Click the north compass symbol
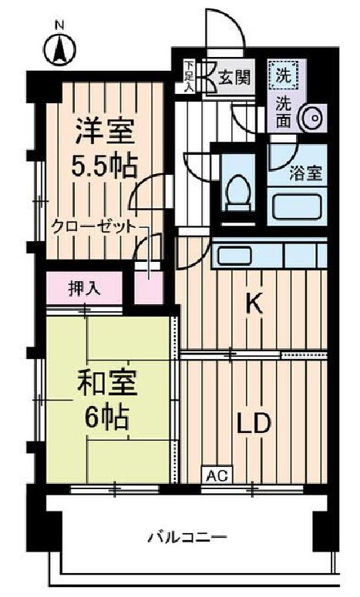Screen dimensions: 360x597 60,49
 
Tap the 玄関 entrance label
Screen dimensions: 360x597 234,78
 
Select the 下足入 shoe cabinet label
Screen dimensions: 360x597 189,76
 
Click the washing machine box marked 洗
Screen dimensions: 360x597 284,75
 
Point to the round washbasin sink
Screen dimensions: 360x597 315,118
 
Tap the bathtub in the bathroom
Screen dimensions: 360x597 296,206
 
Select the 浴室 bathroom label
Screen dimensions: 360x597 305,173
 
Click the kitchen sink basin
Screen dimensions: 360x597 234,255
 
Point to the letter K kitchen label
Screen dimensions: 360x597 254,304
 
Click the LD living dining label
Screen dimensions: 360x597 254,423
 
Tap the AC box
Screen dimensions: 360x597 217,475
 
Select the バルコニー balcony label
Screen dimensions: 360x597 187,538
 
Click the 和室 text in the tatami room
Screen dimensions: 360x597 107,384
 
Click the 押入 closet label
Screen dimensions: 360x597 85,289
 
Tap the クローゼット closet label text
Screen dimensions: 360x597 93,227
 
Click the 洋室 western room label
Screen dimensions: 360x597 106,132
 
